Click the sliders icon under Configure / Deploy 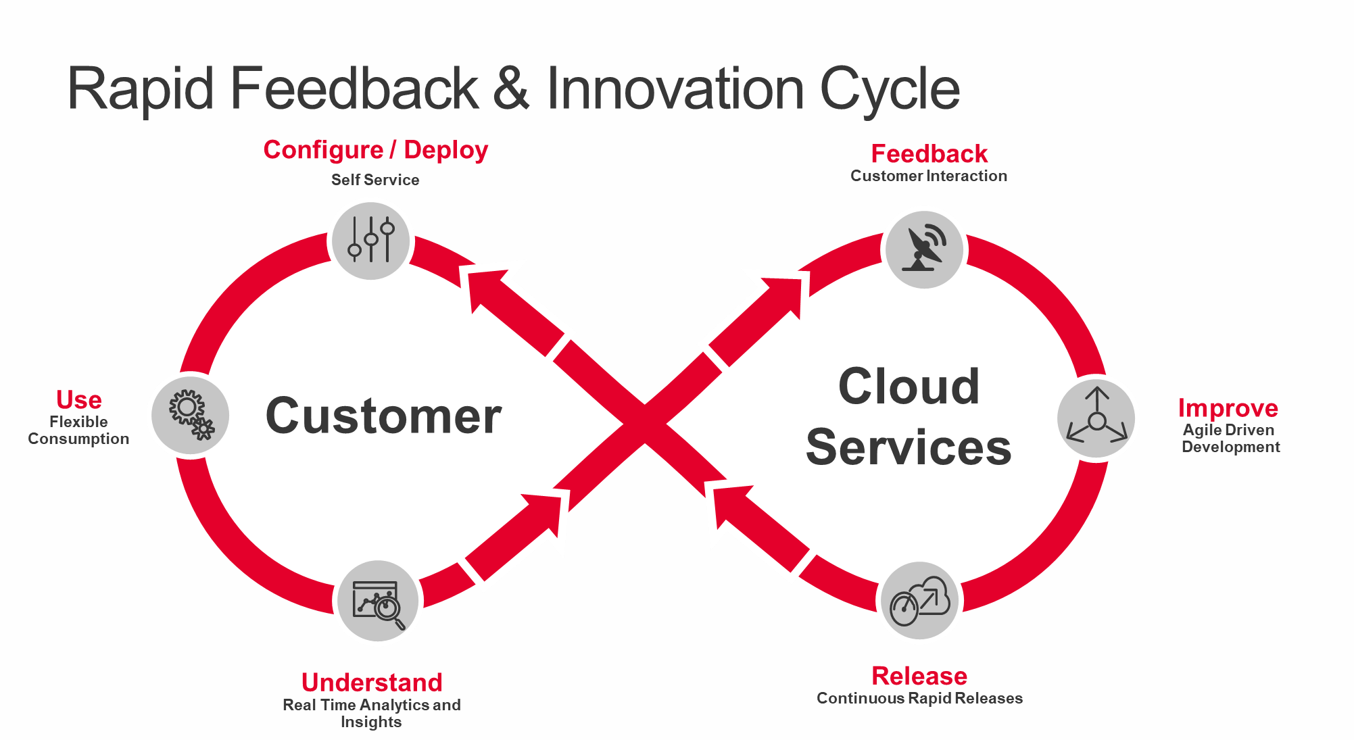coord(370,241)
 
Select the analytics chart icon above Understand coord(378,601)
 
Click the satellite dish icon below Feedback coord(924,250)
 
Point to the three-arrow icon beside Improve coord(1096,418)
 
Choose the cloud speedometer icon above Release coord(920,601)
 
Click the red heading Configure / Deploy coord(375,150)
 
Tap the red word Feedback coord(929,154)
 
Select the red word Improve coord(1228,408)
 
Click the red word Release coord(919,676)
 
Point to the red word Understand coord(372,683)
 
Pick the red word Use coord(79,400)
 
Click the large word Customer coord(383,416)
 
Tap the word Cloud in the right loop coord(909,387)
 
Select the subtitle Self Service coord(375,180)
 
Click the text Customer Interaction coord(929,176)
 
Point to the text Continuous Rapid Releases coord(919,698)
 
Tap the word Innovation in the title coord(675,89)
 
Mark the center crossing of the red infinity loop coord(644,424)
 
